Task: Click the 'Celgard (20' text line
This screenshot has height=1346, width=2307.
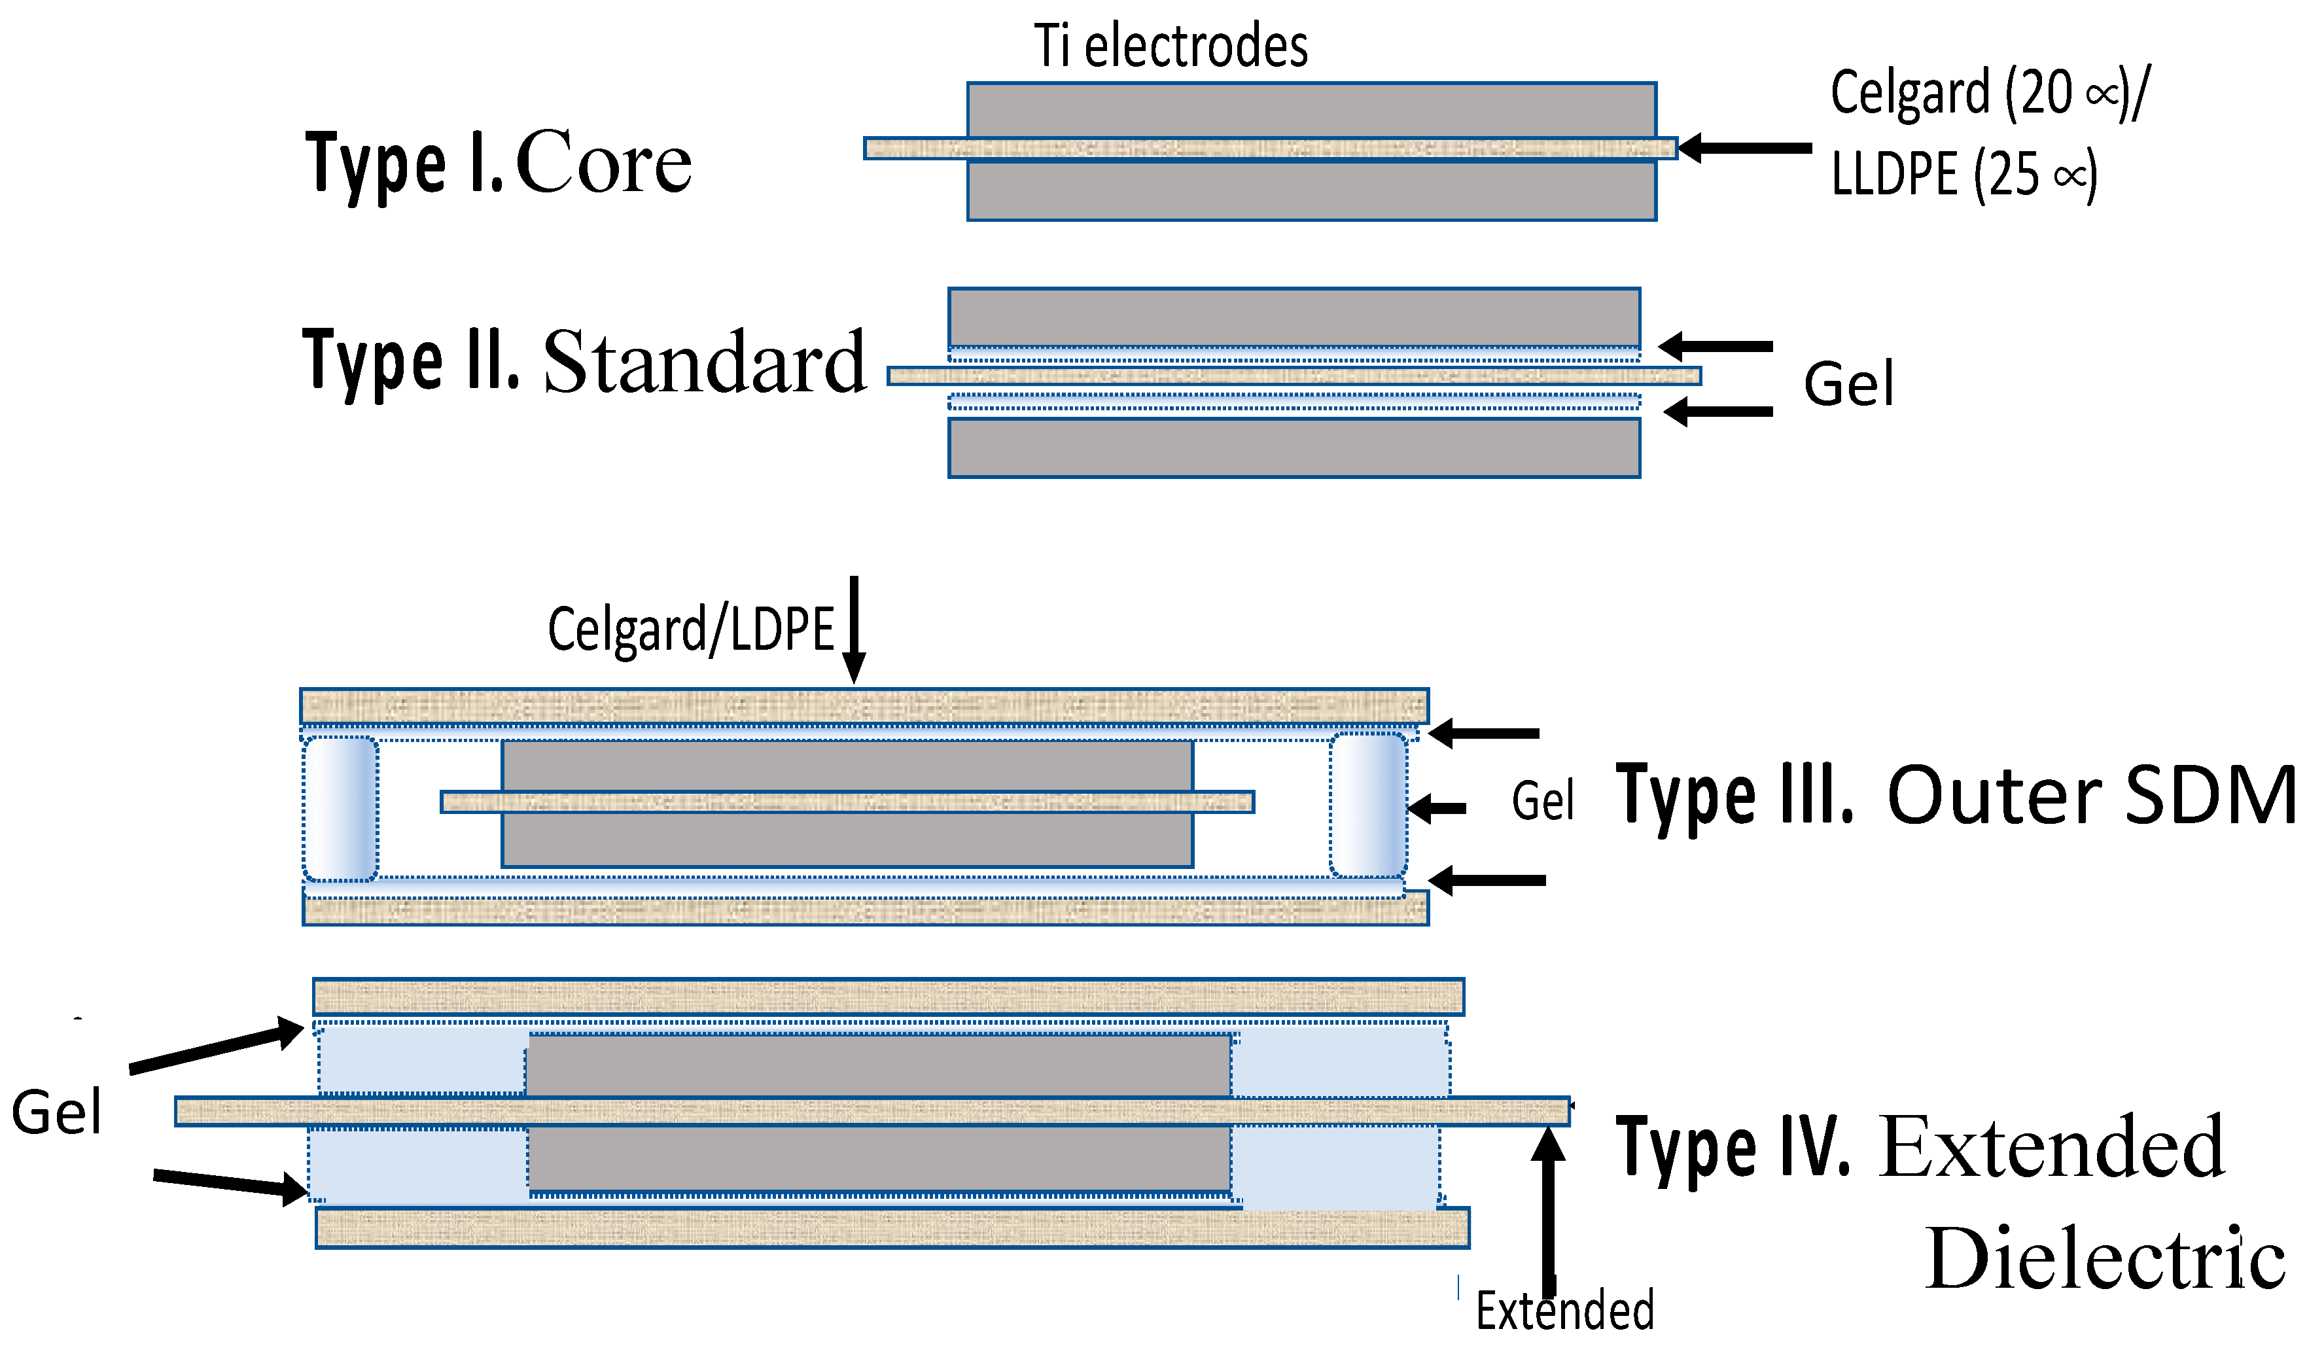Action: tap(1986, 94)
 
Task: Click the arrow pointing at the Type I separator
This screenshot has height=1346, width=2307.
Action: tap(1744, 147)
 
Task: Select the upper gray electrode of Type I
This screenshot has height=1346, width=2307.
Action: tap(1311, 110)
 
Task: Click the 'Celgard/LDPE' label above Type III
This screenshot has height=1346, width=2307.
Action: tap(690, 630)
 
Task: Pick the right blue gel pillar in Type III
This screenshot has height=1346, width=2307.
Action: tap(1367, 805)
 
